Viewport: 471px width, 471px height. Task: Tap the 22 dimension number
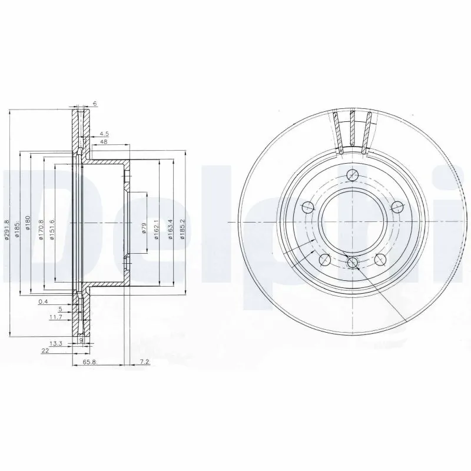45,350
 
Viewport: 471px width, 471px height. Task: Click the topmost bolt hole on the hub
353,174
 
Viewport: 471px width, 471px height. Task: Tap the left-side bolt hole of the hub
307,207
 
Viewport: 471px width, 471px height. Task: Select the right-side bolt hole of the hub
397,206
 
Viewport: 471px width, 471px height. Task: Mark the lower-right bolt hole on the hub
380,259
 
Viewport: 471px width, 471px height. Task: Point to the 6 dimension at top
94,104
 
